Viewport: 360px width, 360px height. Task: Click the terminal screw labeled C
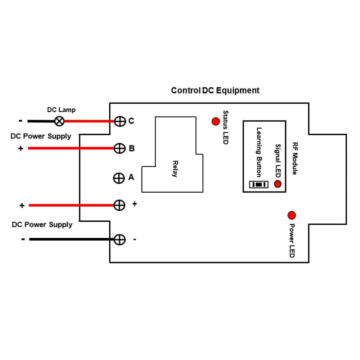coord(120,121)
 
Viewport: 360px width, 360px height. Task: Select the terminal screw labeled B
coord(119,148)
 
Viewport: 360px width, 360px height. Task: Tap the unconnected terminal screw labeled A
coord(119,178)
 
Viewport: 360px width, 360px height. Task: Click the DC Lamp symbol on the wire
coord(59,121)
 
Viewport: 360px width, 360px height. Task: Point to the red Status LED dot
coord(216,122)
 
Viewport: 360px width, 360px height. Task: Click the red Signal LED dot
coord(278,184)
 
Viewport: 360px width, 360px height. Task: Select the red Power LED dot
coord(292,215)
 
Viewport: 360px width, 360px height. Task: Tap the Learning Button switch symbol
coord(259,185)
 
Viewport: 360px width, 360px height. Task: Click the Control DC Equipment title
coord(215,90)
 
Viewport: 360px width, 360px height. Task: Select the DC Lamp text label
coord(61,110)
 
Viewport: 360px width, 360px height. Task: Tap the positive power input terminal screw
coord(119,205)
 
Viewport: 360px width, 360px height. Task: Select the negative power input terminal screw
coord(120,239)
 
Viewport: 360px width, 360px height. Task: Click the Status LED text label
coord(226,127)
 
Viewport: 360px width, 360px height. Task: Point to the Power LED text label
coord(292,240)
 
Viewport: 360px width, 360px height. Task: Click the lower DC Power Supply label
coord(42,225)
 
